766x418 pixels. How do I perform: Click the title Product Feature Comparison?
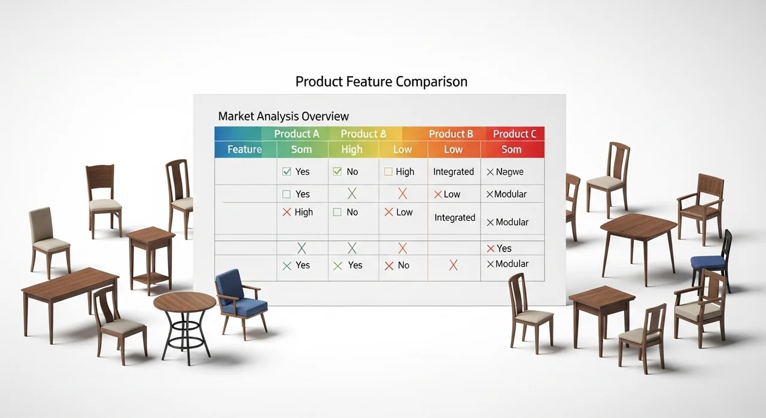click(381, 82)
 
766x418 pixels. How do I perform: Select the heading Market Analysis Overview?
click(284, 116)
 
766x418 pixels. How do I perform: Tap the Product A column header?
click(296, 134)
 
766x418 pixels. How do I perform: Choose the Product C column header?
click(514, 134)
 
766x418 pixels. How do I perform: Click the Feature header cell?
click(245, 149)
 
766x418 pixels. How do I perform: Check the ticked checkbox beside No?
click(337, 171)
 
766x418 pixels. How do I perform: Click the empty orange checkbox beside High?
click(388, 171)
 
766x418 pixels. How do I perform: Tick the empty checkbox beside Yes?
click(287, 194)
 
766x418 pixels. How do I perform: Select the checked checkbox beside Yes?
click(287, 171)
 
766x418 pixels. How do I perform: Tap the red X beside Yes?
click(491, 249)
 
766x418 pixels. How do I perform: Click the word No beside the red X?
click(403, 265)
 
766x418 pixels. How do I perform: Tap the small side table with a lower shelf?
click(150, 260)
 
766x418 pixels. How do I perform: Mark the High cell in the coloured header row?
click(352, 150)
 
